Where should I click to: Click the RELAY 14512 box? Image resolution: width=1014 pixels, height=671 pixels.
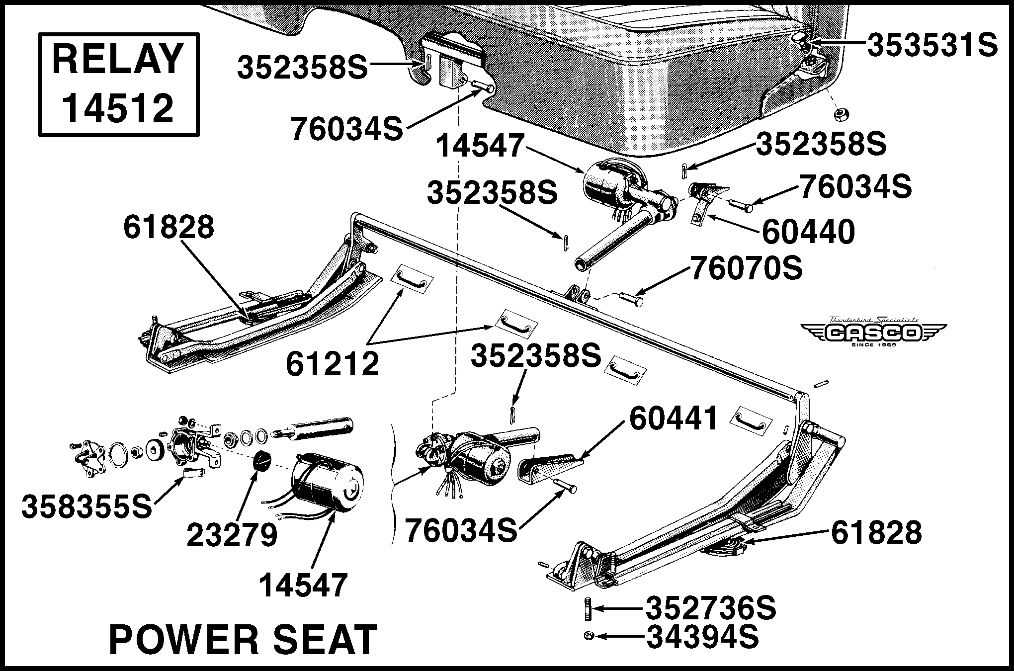click(x=119, y=84)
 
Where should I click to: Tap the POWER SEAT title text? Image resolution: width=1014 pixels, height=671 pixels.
click(x=243, y=640)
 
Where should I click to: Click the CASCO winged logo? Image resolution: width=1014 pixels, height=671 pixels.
click(x=873, y=332)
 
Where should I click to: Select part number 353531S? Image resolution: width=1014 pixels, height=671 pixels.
click(x=932, y=46)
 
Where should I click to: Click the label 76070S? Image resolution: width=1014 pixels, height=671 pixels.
click(x=746, y=269)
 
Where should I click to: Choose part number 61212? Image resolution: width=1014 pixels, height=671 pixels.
click(x=332, y=364)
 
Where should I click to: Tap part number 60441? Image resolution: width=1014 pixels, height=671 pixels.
click(x=674, y=419)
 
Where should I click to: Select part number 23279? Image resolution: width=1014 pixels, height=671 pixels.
click(x=232, y=535)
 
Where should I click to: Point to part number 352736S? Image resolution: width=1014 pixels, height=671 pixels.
click(x=711, y=608)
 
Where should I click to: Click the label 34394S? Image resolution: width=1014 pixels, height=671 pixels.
click(x=702, y=637)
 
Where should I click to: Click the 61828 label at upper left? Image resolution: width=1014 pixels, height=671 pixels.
click(x=169, y=228)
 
